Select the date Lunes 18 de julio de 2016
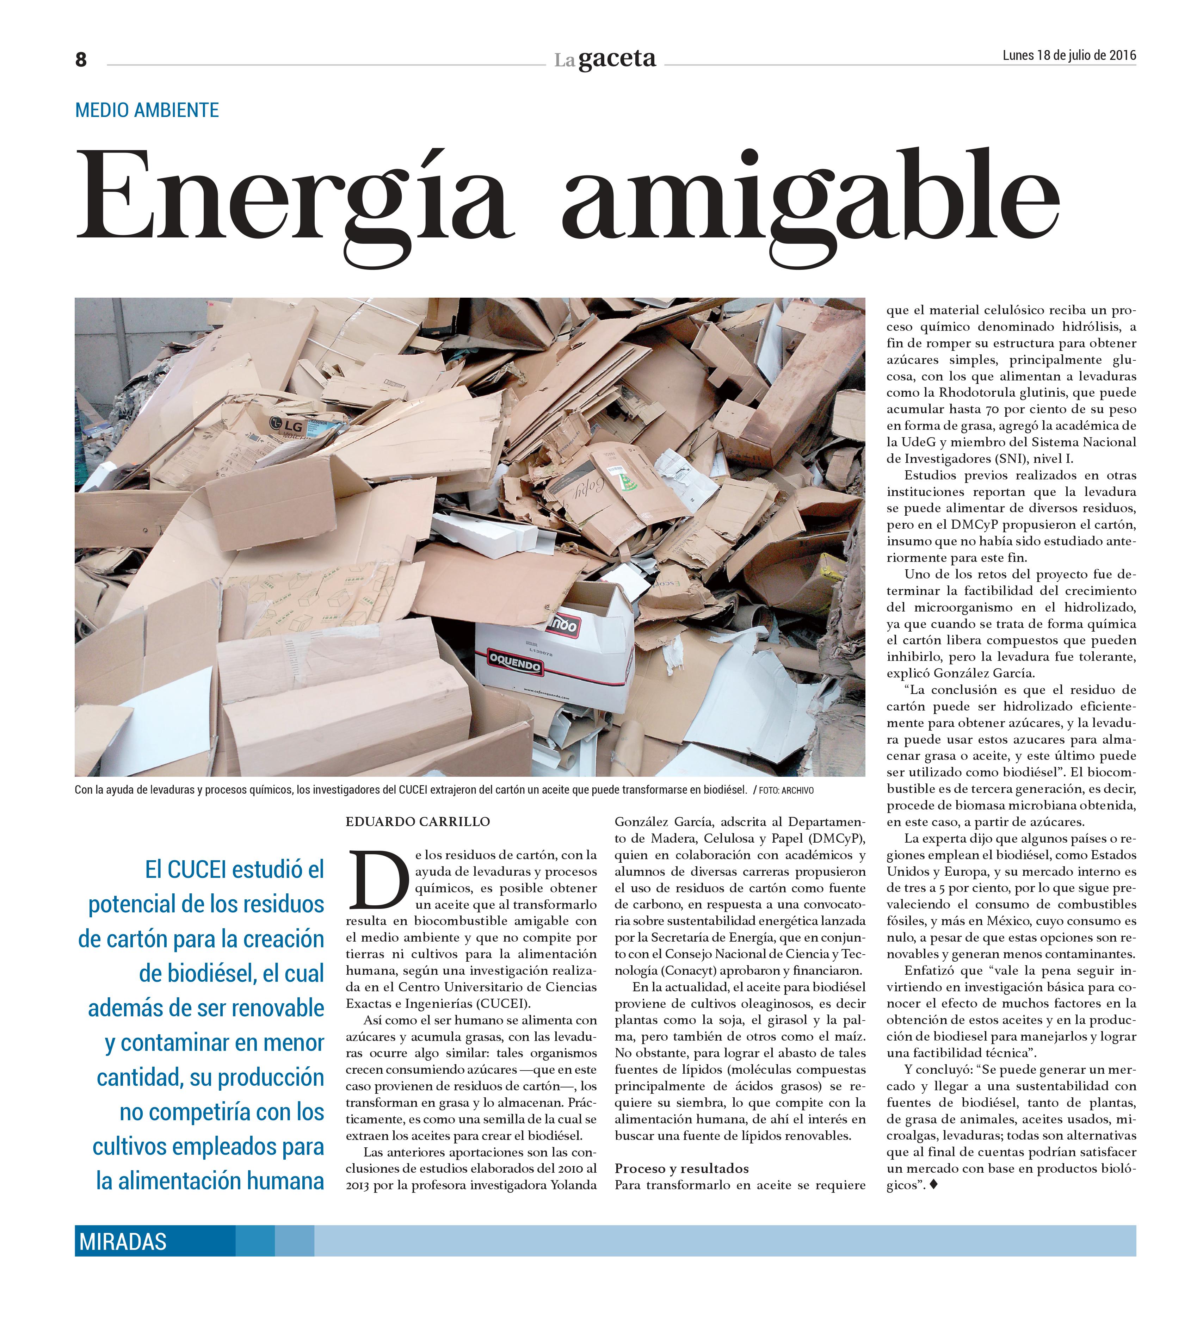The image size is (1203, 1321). [1069, 56]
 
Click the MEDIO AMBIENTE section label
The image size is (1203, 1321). [147, 110]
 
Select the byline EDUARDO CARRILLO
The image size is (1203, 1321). [418, 822]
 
